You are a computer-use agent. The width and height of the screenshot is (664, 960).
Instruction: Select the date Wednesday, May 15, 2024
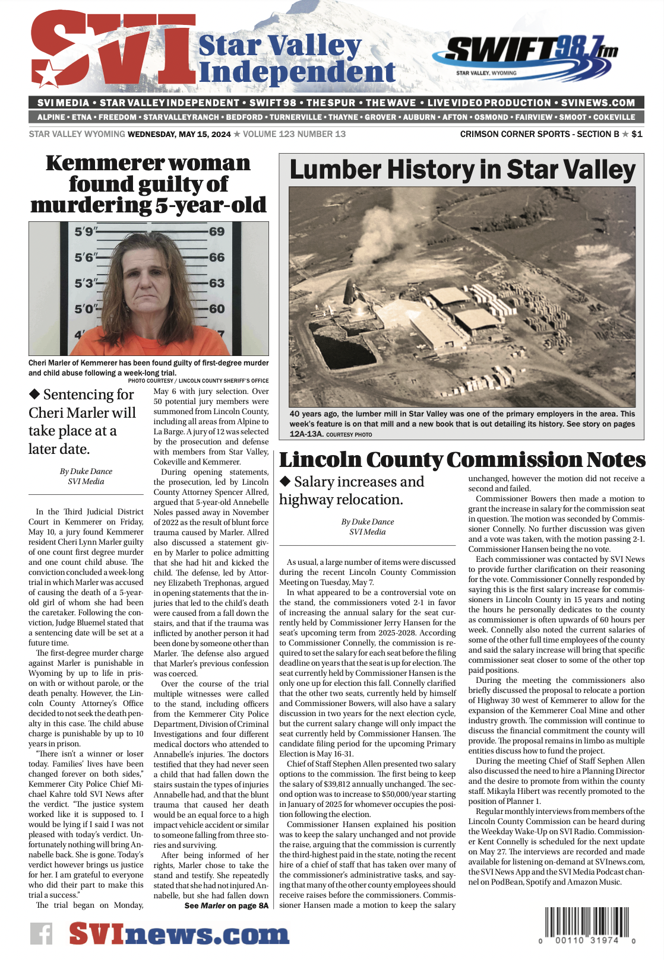click(x=179, y=134)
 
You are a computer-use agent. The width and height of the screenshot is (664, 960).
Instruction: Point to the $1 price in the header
click(x=637, y=134)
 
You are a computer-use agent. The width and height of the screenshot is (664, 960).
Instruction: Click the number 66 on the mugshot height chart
click(x=217, y=258)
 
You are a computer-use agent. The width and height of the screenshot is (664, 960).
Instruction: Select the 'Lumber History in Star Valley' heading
click(x=462, y=170)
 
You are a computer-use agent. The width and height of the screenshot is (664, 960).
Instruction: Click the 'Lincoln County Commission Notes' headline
click(x=462, y=460)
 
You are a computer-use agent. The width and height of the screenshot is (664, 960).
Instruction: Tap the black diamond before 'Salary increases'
click(x=285, y=481)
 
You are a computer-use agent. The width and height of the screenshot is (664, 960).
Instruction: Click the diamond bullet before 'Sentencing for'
click(x=34, y=394)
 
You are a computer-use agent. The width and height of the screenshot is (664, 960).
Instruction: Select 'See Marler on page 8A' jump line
click(x=226, y=905)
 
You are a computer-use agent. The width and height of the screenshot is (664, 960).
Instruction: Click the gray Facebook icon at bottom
click(x=42, y=934)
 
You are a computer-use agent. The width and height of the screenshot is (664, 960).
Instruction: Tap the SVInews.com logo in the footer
click(x=179, y=934)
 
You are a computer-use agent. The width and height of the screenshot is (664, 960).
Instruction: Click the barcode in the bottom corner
click(x=587, y=924)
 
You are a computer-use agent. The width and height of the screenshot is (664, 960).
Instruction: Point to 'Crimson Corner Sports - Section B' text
click(x=539, y=134)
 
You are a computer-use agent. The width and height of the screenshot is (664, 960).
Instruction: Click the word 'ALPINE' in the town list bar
click(x=51, y=117)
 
